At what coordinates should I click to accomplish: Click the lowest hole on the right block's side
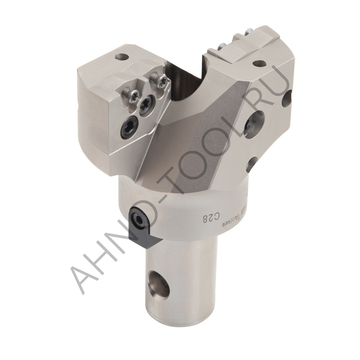(x=252, y=164)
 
